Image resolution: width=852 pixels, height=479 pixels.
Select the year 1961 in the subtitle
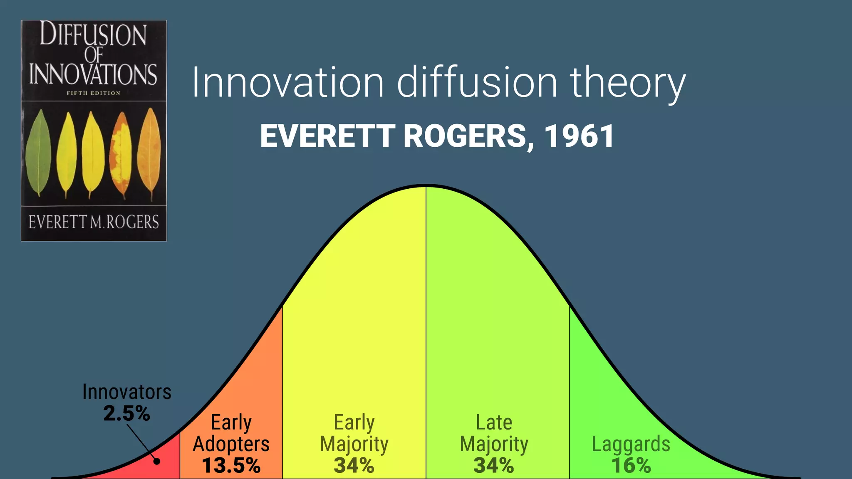[579, 136]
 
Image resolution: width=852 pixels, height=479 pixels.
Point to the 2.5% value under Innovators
[126, 413]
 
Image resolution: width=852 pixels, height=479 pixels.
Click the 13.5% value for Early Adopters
[231, 465]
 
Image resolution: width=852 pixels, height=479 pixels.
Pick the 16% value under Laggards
[631, 465]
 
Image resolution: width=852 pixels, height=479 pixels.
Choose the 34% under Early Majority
[354, 465]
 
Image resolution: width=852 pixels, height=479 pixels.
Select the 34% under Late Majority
[494, 465]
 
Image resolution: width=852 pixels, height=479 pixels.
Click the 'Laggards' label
[631, 444]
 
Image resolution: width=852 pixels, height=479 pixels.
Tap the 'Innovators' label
[127, 392]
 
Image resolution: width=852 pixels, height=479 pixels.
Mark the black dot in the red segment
[157, 461]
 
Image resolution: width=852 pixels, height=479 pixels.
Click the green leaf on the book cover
[38, 153]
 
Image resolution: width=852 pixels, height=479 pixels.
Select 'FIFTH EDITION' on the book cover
[94, 93]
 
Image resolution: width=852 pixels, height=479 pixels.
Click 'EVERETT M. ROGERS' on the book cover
[94, 222]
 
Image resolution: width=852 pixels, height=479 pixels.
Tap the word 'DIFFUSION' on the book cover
[93, 35]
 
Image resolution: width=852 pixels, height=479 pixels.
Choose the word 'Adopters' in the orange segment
[231, 444]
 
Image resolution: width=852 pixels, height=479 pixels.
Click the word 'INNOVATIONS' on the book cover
[93, 74]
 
